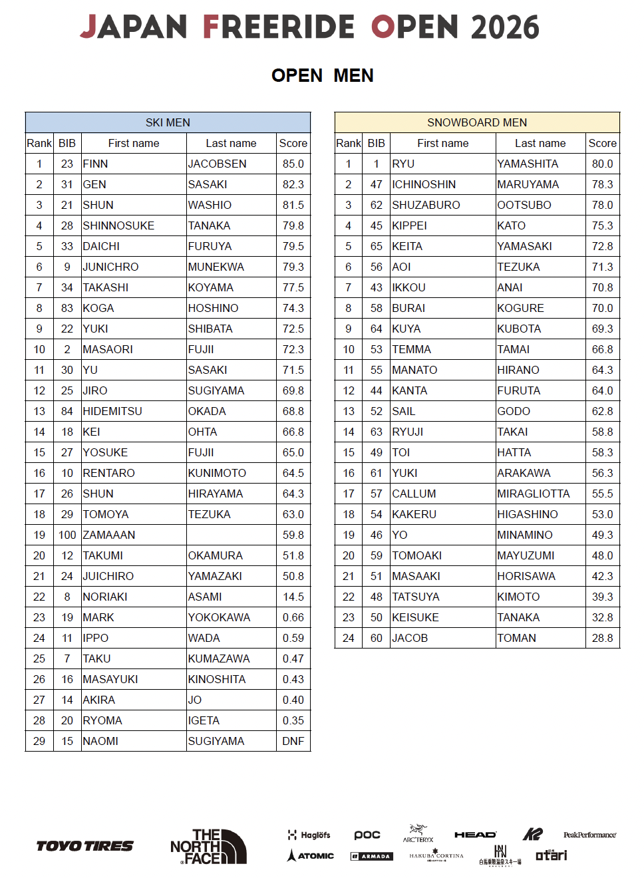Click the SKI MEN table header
(x=168, y=122)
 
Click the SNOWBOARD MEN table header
(x=477, y=122)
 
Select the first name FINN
(x=96, y=164)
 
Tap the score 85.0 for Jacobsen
(x=293, y=164)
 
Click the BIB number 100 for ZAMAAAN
(x=67, y=535)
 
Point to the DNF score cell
(x=293, y=741)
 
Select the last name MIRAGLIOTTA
(x=534, y=494)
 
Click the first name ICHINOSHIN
(x=424, y=184)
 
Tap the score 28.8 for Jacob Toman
(x=602, y=638)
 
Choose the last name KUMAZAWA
(x=219, y=658)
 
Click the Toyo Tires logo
(x=84, y=846)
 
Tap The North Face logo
(x=208, y=847)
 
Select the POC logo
(x=367, y=835)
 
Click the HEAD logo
(x=475, y=835)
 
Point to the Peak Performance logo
(x=589, y=835)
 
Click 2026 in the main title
(x=505, y=27)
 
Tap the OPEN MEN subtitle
(x=323, y=76)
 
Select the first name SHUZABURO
(x=426, y=205)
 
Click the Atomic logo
(x=311, y=855)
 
